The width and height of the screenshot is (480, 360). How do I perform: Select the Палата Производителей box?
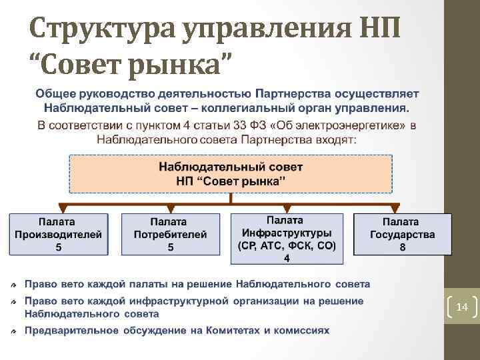59,234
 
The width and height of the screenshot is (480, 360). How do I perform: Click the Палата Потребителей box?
171,234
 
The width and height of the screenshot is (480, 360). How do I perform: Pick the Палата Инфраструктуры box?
287,234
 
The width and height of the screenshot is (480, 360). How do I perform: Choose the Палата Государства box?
402,234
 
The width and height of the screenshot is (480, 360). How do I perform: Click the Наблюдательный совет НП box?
231,173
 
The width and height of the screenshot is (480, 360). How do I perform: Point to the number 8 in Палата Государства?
402,247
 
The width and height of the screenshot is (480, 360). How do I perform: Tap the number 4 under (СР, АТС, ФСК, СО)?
287,257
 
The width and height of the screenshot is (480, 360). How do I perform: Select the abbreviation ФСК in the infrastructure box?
304,245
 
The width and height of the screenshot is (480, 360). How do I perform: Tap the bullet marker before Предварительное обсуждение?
15,331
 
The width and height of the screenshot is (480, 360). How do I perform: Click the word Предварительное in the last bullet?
71,331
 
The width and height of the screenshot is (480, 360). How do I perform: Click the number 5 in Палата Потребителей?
171,247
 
